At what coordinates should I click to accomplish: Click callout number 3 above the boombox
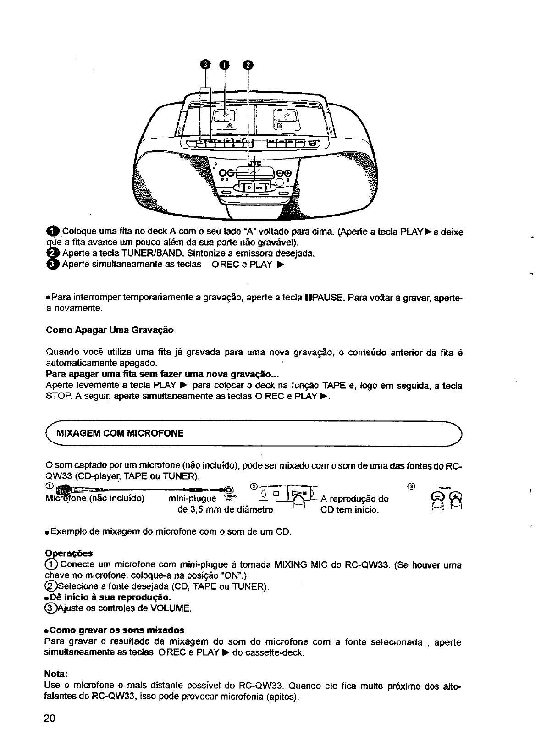[x=205, y=65]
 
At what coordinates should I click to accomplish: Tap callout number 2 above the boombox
[x=247, y=65]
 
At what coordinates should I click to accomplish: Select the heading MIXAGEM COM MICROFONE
[x=119, y=433]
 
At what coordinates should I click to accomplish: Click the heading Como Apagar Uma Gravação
[x=110, y=330]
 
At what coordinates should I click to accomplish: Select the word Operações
[x=69, y=553]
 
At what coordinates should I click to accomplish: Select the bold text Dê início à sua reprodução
[x=108, y=597]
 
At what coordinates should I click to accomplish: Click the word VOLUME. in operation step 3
[x=173, y=608]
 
